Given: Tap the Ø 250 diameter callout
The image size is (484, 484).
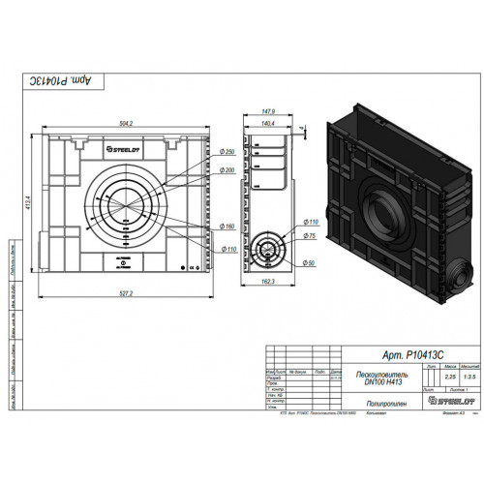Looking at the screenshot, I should (x=228, y=152).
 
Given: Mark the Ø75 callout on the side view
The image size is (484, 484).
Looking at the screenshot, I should (x=313, y=235).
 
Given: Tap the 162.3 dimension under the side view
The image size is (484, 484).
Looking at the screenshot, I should (x=267, y=282).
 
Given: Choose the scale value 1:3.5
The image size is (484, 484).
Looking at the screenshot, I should (x=467, y=378).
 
